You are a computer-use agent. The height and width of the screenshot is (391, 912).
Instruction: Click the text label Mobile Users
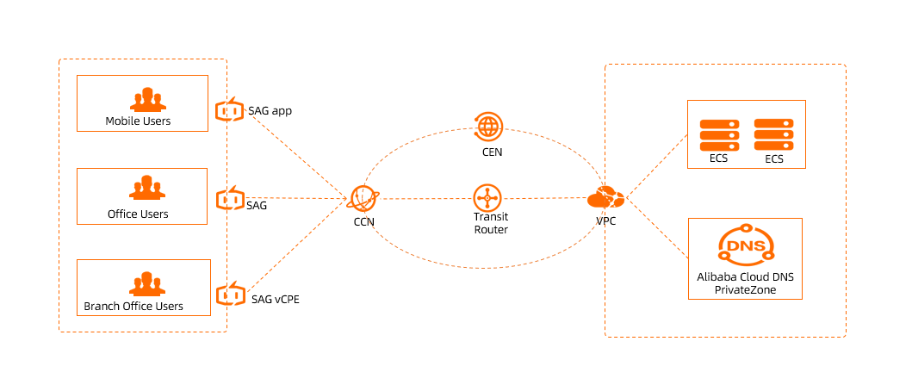point(138,121)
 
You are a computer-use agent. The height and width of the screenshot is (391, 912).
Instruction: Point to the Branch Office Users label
point(133,306)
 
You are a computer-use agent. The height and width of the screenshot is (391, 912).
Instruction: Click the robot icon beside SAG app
point(229,110)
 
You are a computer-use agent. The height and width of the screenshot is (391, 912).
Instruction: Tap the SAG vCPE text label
point(276,299)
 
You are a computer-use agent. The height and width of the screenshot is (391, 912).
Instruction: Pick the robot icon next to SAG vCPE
point(229,294)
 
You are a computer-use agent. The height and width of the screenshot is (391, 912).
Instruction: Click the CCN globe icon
point(363,199)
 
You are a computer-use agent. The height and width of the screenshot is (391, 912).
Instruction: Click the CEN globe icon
point(488,127)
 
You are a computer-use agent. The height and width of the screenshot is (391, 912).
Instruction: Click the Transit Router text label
point(491,223)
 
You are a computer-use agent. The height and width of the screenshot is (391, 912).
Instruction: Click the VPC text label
point(606,221)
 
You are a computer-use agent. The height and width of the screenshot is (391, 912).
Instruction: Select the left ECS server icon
point(719,135)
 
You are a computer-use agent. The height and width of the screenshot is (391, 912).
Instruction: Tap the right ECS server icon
point(773,135)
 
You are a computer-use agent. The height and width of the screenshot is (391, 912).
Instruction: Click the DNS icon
point(745,246)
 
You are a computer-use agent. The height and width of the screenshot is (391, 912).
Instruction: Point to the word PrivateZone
point(745,290)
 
